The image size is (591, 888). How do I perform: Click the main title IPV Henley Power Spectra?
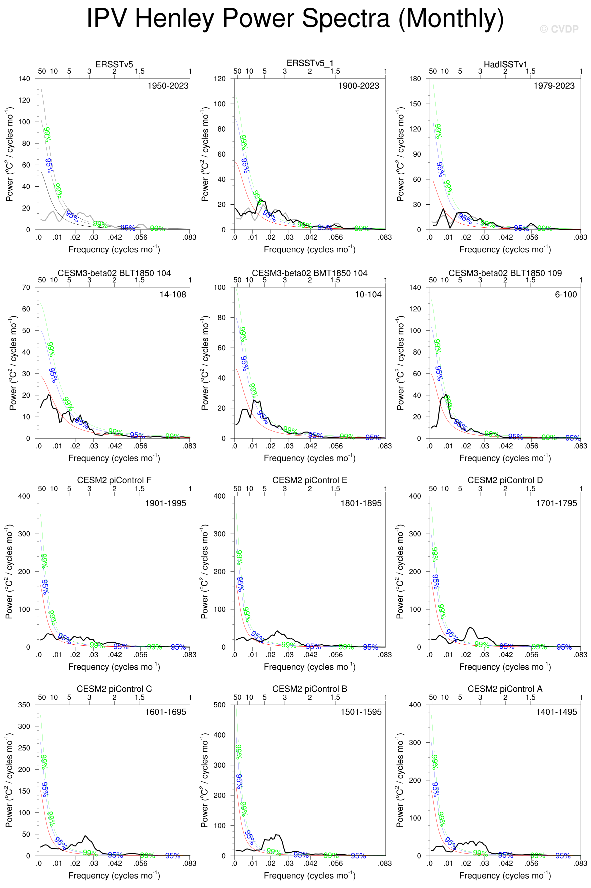pos(295,18)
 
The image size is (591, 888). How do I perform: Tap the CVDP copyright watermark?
pos(559,30)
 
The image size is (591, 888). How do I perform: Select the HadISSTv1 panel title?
pos(505,65)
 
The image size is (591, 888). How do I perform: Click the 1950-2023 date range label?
pos(168,86)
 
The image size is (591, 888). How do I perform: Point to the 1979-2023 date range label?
pos(554,86)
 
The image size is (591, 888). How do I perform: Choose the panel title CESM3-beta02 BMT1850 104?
pos(309,273)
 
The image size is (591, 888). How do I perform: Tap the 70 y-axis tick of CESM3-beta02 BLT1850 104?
pos(26,287)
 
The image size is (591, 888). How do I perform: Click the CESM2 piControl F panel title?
pos(114,480)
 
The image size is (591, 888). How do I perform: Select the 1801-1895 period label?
pos(361,503)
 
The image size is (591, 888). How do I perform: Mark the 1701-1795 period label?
pos(556,503)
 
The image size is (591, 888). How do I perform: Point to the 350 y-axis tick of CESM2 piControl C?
pos(24,705)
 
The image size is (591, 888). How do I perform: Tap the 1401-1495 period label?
pos(556,712)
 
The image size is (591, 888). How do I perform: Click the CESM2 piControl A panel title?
pos(505,689)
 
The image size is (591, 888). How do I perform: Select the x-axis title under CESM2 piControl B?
pos(309,875)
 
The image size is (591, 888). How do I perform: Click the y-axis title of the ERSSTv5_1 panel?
pos(205,154)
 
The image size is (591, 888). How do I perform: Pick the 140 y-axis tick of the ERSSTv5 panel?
pos(24,79)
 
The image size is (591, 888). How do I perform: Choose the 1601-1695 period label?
pos(165,712)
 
